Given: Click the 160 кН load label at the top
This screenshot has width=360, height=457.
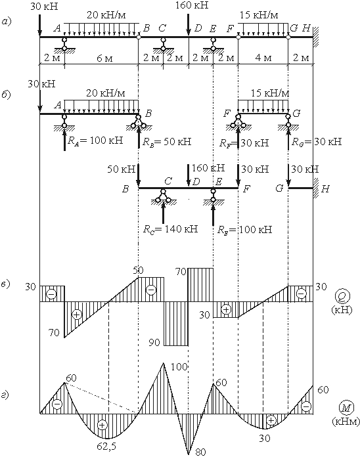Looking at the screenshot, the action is [x=192, y=5].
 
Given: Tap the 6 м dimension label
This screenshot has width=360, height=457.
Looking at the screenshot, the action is [x=104, y=58].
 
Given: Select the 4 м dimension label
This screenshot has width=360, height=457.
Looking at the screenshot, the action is [x=263, y=58].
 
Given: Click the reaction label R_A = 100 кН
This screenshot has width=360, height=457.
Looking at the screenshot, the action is [x=95, y=141].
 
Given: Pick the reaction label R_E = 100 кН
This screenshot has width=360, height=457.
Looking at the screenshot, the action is [x=245, y=229].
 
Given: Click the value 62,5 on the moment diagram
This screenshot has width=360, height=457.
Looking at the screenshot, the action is [x=106, y=446].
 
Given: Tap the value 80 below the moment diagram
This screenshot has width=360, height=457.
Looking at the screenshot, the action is [x=200, y=452].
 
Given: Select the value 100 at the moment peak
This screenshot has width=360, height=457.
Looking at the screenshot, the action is [x=179, y=366].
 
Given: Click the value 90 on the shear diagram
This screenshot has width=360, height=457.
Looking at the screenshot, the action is [x=154, y=342].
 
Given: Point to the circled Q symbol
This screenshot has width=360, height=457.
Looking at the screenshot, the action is [x=342, y=296].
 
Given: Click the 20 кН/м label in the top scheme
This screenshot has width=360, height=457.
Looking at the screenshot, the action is [x=106, y=15].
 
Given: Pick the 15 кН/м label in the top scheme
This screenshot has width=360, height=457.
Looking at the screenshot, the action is [x=259, y=14].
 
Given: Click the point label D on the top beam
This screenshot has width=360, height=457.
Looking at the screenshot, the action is [x=198, y=28].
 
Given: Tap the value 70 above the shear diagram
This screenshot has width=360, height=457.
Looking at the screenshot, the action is [x=181, y=272].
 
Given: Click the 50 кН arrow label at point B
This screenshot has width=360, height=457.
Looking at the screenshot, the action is [x=122, y=169].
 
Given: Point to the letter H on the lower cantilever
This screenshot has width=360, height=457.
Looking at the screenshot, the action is [x=326, y=189].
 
